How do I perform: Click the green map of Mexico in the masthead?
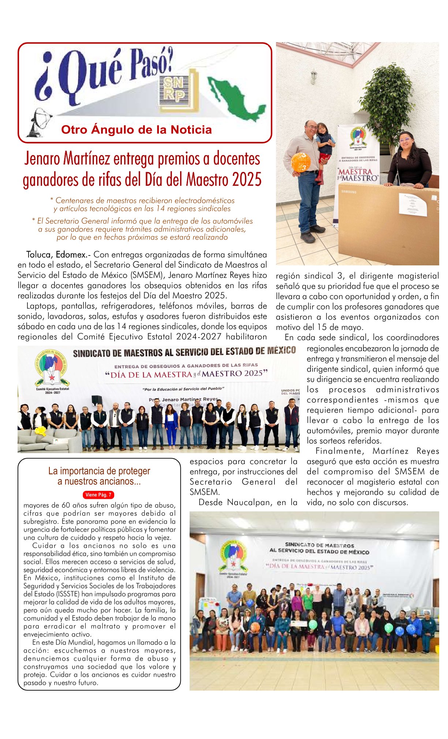(x=236, y=98)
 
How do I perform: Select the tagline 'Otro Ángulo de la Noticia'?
(x=136, y=130)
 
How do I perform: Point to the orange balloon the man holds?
(x=301, y=162)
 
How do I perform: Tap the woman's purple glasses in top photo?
(x=405, y=140)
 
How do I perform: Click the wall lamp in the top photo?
(x=314, y=77)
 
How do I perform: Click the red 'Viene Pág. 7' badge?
(x=98, y=495)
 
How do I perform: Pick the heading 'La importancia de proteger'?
(x=99, y=471)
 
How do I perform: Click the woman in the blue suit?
(x=171, y=427)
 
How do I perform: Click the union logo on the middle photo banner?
(x=51, y=368)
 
